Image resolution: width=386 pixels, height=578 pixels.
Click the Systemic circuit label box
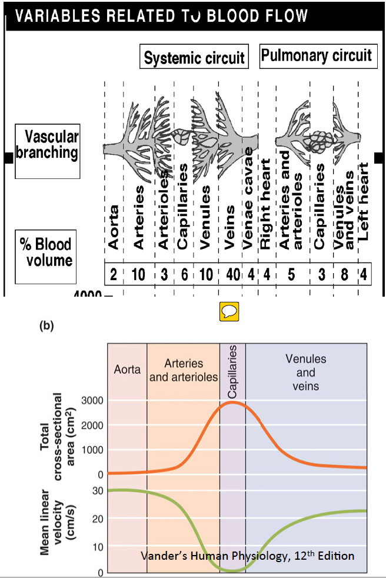(194, 58)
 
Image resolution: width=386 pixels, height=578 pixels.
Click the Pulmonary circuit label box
(317, 56)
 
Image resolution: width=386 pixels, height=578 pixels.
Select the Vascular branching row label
(47, 145)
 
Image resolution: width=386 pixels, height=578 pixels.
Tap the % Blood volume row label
(45, 252)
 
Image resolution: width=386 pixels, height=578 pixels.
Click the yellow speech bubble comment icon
(228, 311)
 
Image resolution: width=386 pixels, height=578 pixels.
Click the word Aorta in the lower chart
(127, 370)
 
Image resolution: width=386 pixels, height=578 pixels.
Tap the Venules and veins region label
(305, 373)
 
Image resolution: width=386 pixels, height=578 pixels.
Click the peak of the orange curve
(232, 403)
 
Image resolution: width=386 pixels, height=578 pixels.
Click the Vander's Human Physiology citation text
(248, 556)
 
